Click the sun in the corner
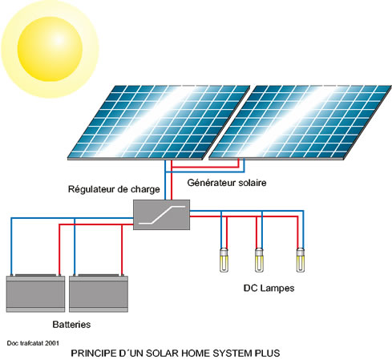tap(50, 49)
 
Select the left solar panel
tap(159, 123)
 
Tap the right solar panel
tap(300, 123)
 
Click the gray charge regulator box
tap(161, 215)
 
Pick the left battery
tap(35, 293)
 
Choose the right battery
tap(99, 293)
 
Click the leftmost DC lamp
tap(224, 260)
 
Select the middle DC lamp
tap(259, 260)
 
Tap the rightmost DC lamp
tap(301, 260)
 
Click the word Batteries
tap(71, 325)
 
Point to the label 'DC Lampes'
tap(269, 288)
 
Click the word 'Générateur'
tap(211, 183)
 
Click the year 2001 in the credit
tap(52, 343)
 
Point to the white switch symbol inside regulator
tap(162, 215)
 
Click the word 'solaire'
tap(253, 183)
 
